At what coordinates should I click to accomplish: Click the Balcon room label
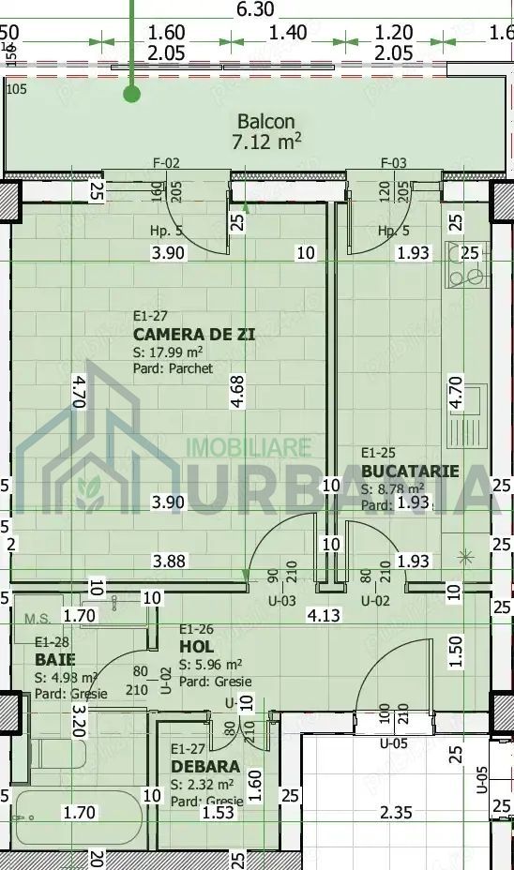click(265, 121)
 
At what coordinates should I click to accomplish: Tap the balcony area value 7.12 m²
click(266, 142)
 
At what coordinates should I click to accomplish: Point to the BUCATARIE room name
click(410, 471)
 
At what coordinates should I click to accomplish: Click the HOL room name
click(197, 647)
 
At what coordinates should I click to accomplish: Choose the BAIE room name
click(54, 660)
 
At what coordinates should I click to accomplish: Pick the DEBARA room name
click(205, 767)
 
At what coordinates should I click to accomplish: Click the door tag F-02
click(166, 163)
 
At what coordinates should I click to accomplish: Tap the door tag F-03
click(394, 163)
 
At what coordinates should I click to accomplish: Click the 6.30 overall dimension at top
click(256, 9)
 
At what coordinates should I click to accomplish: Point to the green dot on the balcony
click(132, 94)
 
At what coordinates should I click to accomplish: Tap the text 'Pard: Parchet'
click(174, 368)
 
